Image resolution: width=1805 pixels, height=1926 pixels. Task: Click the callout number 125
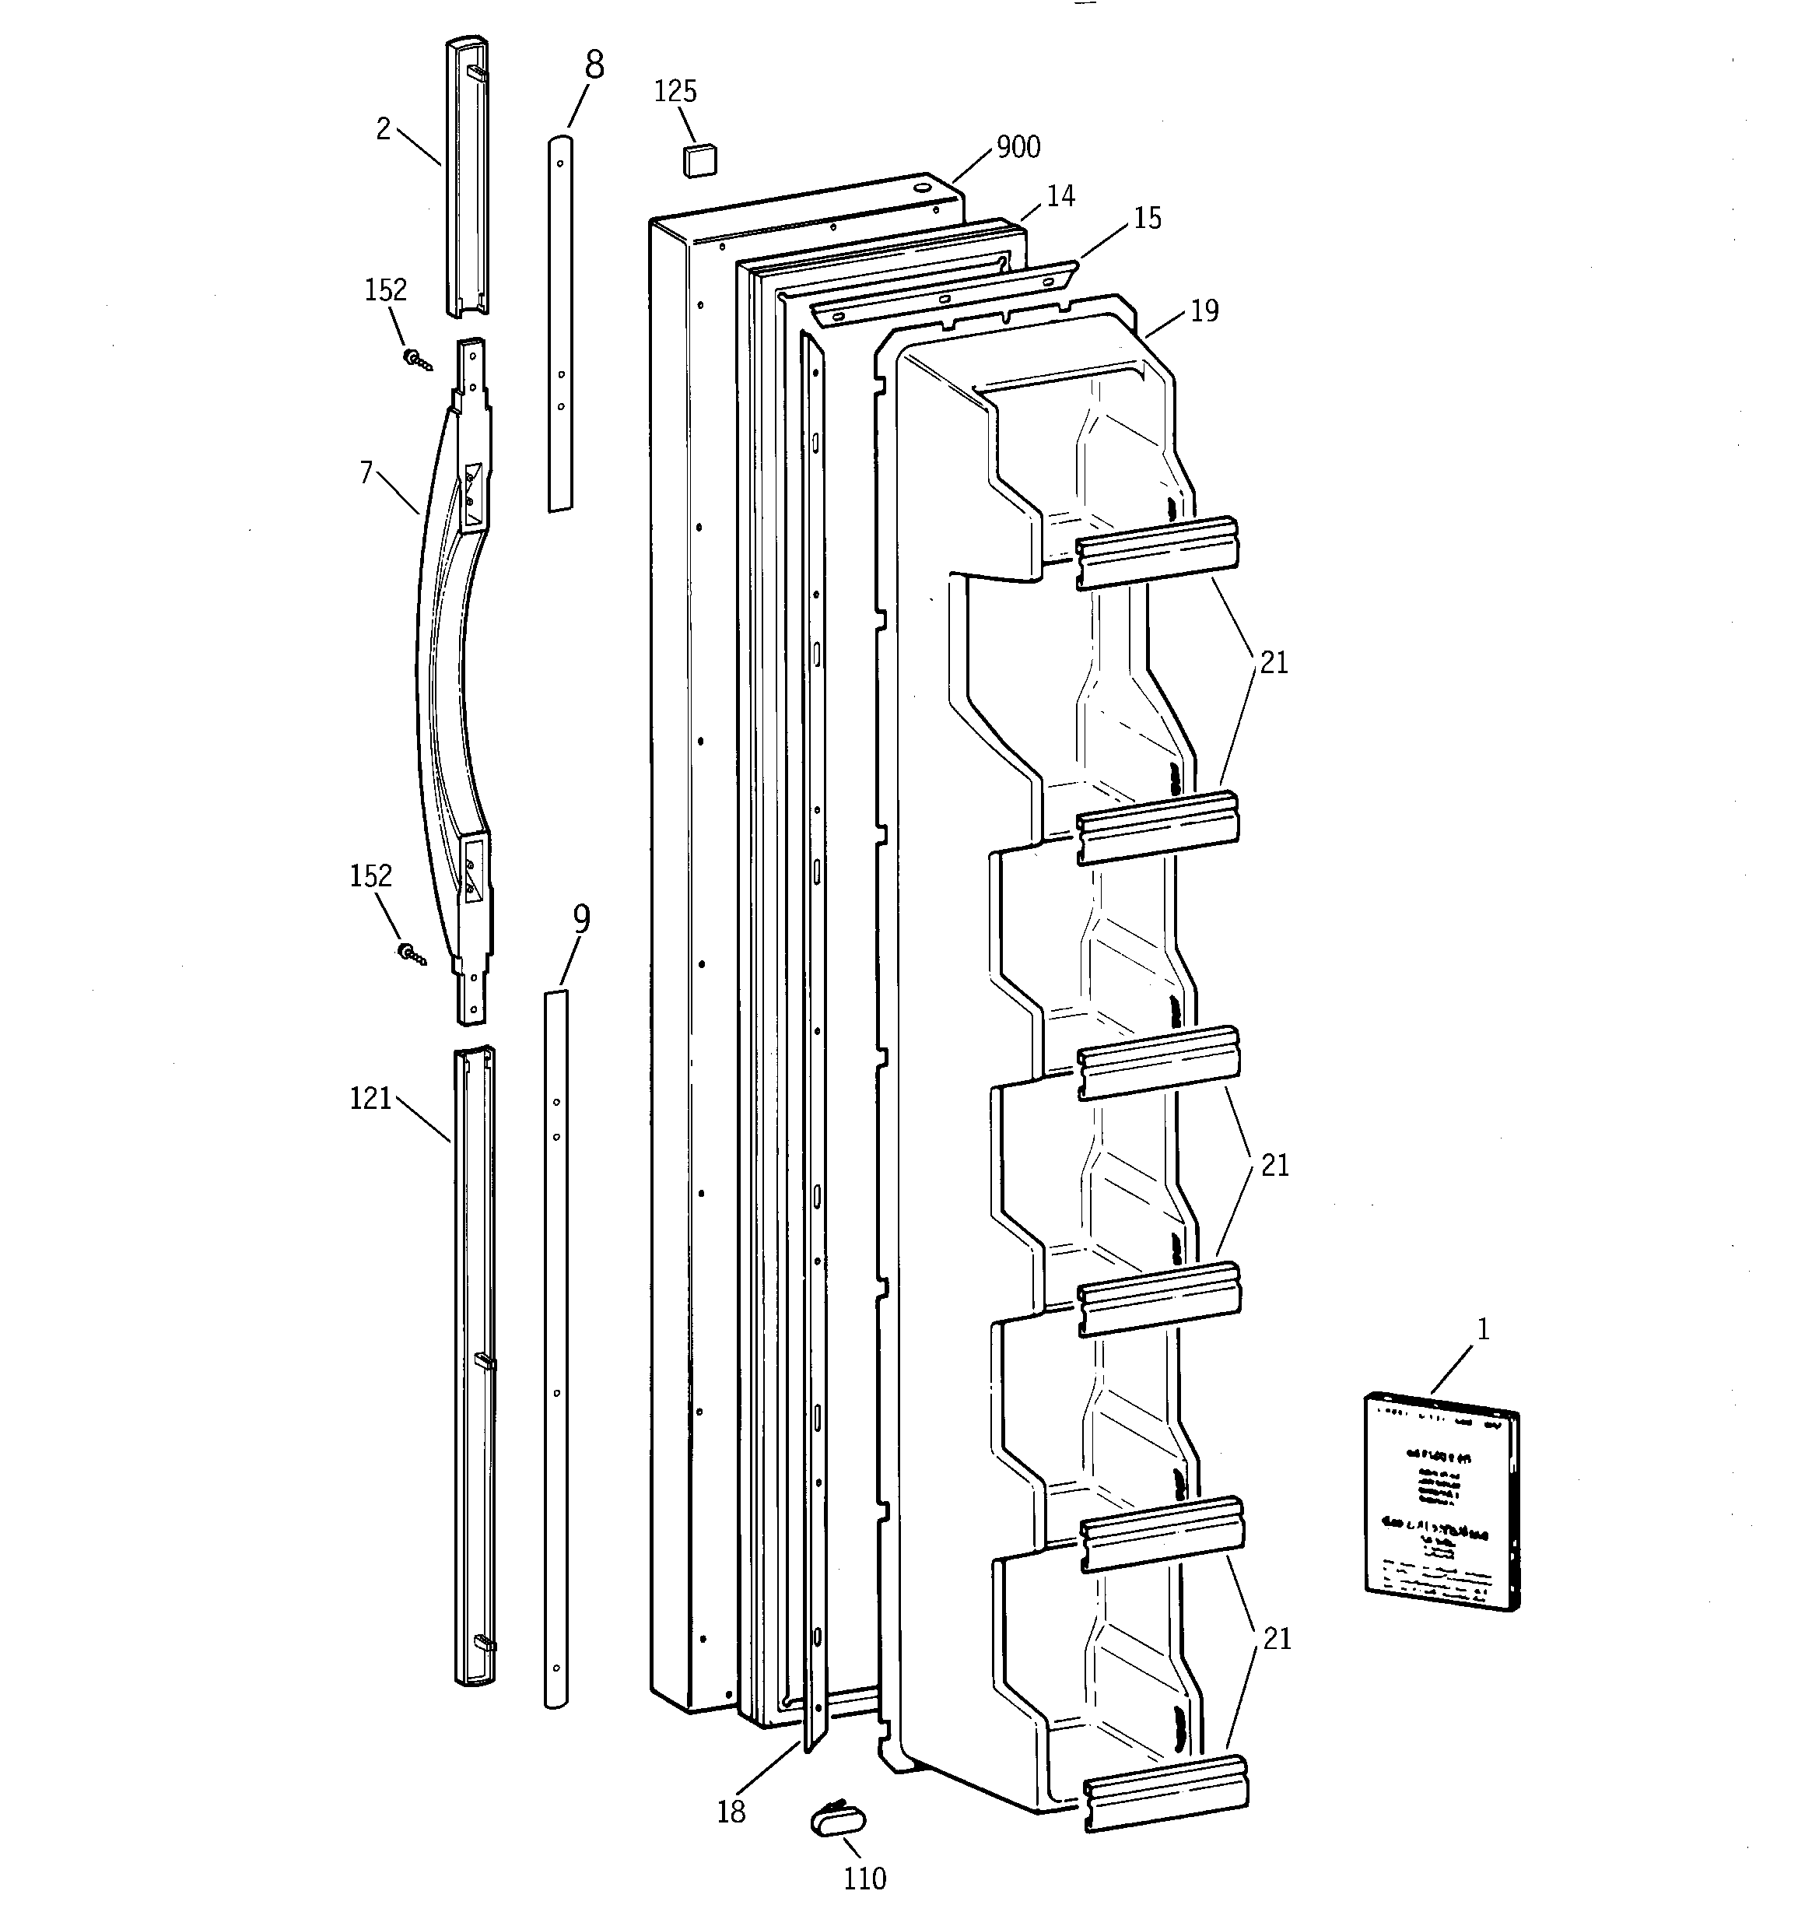(x=675, y=92)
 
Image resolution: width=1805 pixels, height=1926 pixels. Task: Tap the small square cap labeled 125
(x=699, y=160)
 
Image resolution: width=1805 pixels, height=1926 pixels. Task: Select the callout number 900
(x=1018, y=147)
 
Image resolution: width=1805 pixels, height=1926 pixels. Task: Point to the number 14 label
(x=1061, y=197)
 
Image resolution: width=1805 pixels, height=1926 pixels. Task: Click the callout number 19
(x=1204, y=311)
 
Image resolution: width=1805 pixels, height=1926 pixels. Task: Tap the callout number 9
(x=581, y=918)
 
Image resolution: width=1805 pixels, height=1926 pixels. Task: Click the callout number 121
(x=370, y=1099)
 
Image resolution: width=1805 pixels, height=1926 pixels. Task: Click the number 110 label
(x=864, y=1879)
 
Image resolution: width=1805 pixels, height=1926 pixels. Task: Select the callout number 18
(x=731, y=1812)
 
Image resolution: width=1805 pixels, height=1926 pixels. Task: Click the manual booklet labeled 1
(x=1442, y=1502)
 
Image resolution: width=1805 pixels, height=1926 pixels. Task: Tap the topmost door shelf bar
(x=1158, y=551)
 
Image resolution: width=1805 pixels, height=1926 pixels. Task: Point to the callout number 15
(x=1147, y=219)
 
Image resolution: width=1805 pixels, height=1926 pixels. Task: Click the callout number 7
(x=366, y=474)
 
